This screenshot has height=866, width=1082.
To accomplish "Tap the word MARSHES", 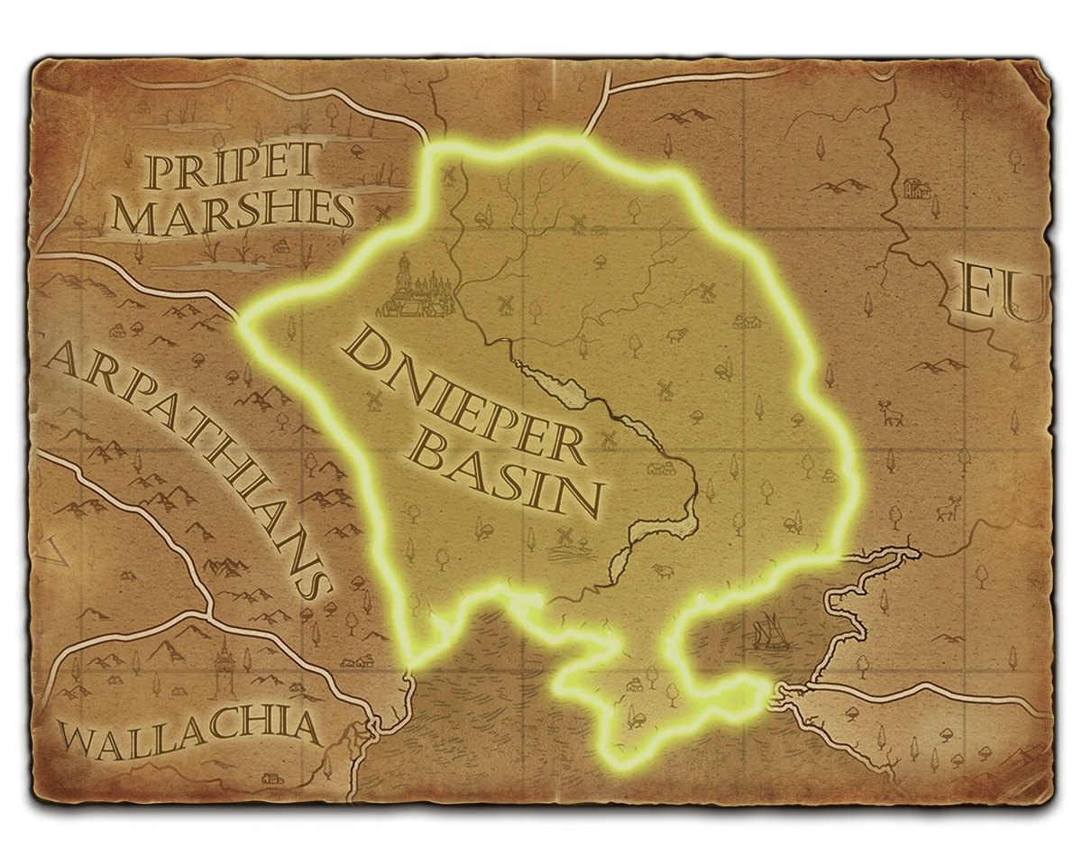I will coord(235,213).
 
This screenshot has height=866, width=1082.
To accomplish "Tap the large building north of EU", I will coord(916,188).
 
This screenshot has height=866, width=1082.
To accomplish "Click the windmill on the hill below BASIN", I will coord(566,538).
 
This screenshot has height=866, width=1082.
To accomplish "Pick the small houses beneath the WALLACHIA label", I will coord(270,777).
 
